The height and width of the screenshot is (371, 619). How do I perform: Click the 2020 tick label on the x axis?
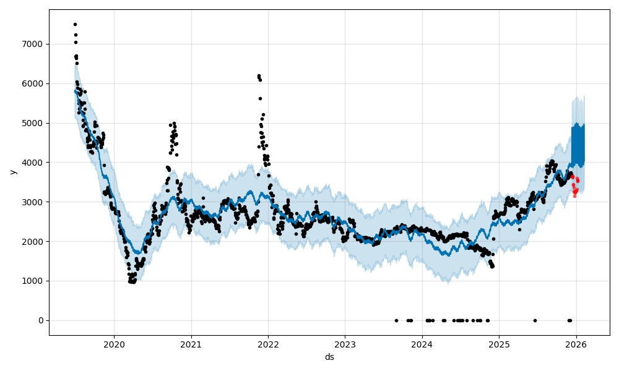[x=114, y=344]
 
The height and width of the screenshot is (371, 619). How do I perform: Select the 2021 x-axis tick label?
[x=191, y=344]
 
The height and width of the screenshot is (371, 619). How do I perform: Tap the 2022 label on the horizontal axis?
[x=268, y=344]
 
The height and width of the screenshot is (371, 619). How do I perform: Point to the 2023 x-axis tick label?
[x=345, y=344]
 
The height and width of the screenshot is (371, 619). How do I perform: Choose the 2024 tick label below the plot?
[x=422, y=344]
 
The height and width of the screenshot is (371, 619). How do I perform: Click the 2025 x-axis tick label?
[x=499, y=344]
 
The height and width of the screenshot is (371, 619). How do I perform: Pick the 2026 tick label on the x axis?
[x=576, y=344]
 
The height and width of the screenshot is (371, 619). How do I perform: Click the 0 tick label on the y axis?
[x=41, y=320]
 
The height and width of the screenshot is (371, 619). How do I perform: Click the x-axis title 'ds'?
[x=329, y=357]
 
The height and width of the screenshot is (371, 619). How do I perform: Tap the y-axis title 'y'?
[x=12, y=172]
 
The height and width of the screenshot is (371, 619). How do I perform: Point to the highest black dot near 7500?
[x=75, y=24]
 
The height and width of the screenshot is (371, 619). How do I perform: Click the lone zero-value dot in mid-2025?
[x=535, y=320]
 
